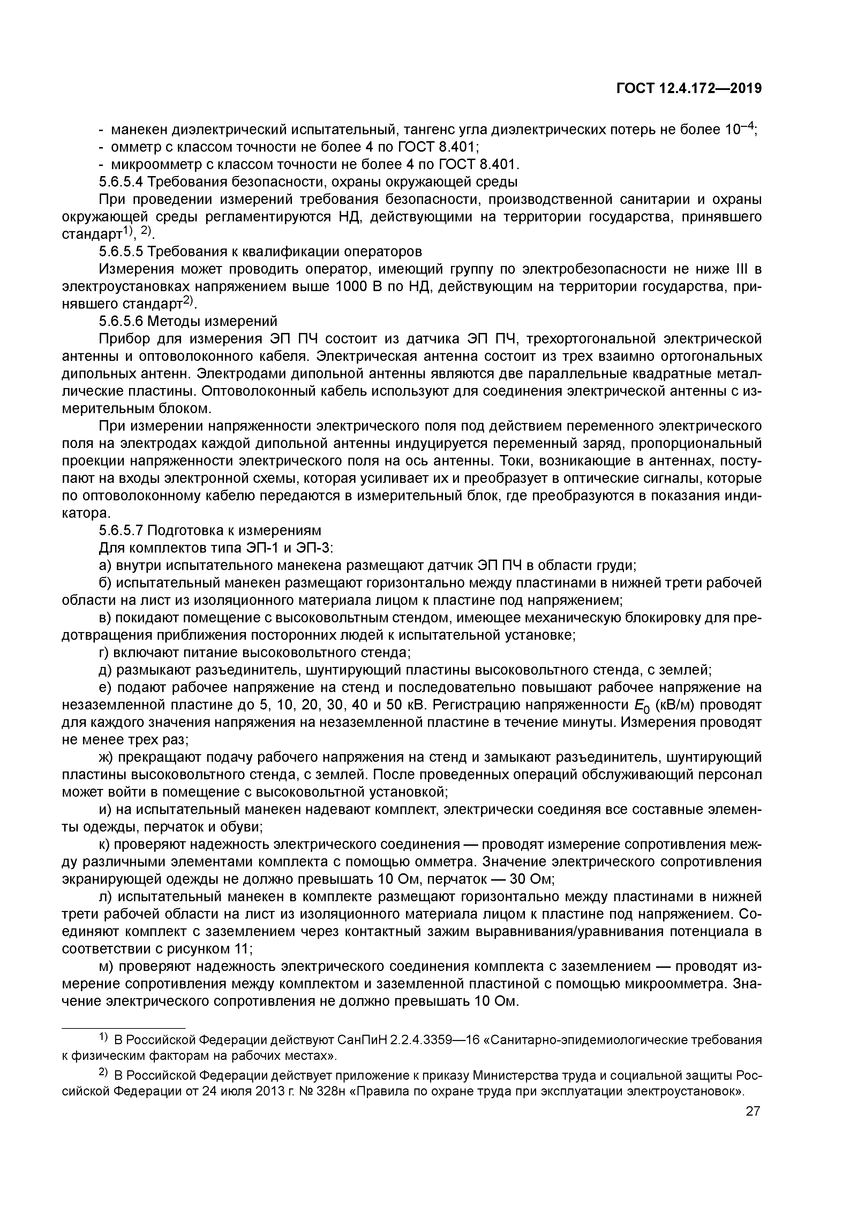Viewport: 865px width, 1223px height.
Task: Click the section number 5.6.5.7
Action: click(121, 531)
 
